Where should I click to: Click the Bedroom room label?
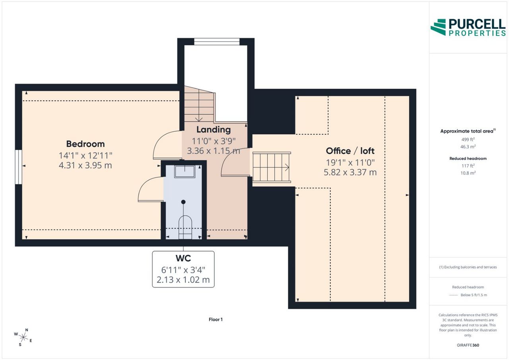click(85, 144)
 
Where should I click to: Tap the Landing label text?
click(214, 130)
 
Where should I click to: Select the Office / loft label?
click(350, 151)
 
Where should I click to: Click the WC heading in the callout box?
click(183, 258)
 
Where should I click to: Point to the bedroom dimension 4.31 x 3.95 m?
click(85, 165)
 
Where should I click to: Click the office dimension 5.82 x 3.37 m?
click(350, 172)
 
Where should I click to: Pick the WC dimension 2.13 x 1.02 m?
click(183, 280)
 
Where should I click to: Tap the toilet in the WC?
click(185, 227)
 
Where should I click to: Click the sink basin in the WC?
click(185, 171)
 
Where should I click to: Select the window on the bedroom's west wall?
click(19, 167)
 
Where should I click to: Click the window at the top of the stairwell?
click(217, 42)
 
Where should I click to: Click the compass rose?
click(23, 337)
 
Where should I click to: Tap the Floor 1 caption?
click(216, 319)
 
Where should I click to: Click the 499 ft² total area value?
click(468, 139)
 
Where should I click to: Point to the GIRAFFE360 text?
click(468, 345)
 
